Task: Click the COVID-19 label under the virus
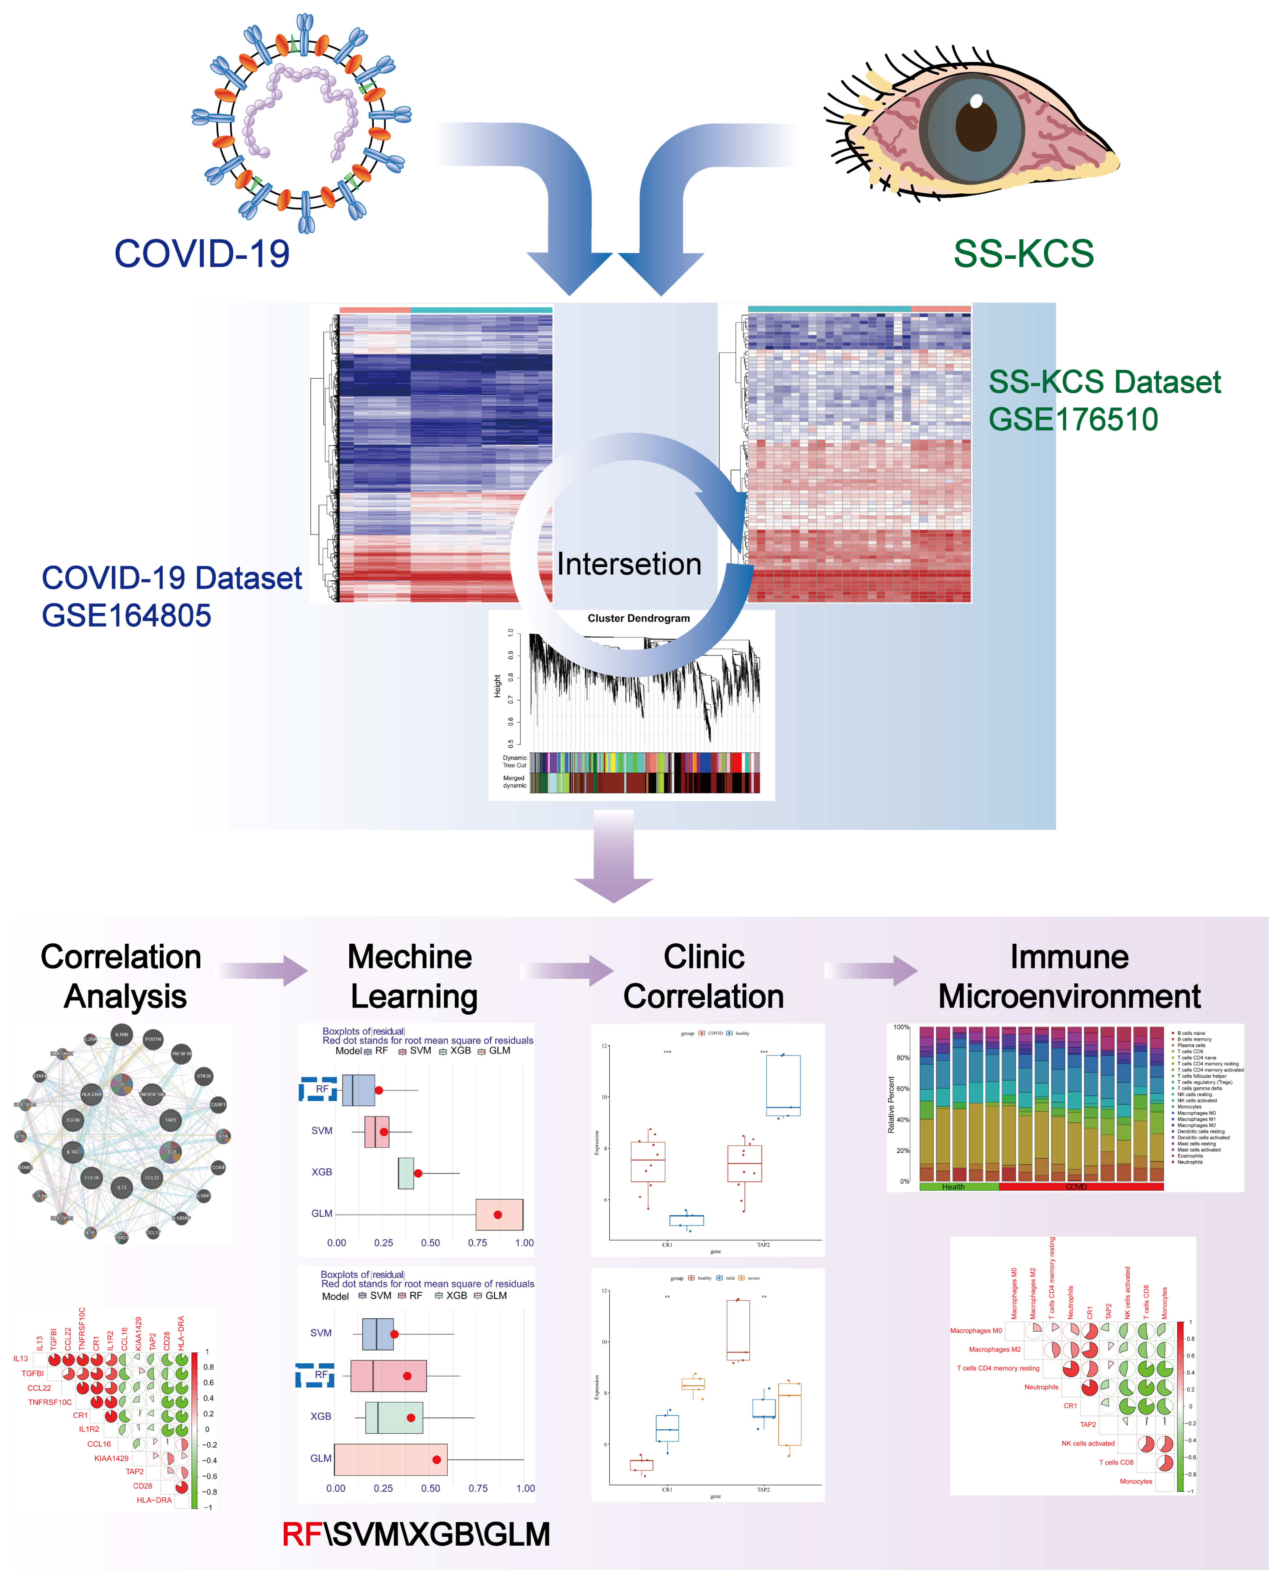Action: coord(202,254)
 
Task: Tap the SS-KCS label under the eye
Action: coord(1023,254)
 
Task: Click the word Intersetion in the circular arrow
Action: coord(629,564)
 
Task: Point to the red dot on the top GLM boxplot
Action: coord(498,1214)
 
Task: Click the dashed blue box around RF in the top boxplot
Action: coord(318,1089)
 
